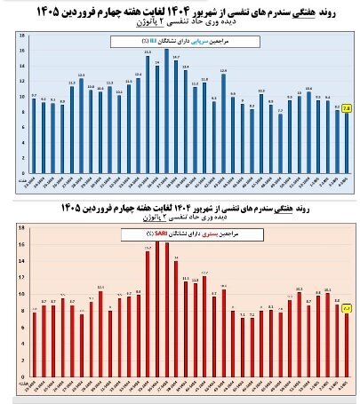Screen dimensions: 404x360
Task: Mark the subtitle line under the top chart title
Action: [182, 22]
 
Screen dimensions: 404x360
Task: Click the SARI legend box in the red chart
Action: [178, 234]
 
